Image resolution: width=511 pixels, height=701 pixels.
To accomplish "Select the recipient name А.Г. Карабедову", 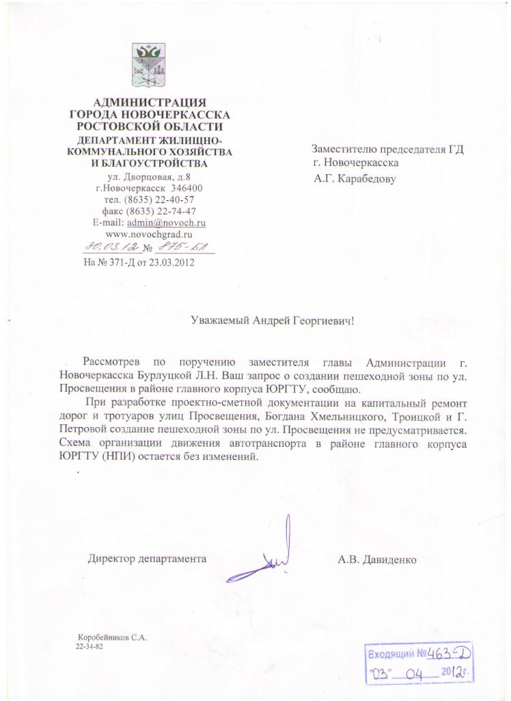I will pos(355,180).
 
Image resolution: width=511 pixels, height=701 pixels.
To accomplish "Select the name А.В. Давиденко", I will pos(376,559).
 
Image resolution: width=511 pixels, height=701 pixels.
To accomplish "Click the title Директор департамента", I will pos(147,559).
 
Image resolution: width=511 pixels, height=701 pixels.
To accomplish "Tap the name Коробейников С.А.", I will pos(113,637).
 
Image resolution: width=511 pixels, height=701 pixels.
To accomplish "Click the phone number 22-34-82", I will pos(89,646).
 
